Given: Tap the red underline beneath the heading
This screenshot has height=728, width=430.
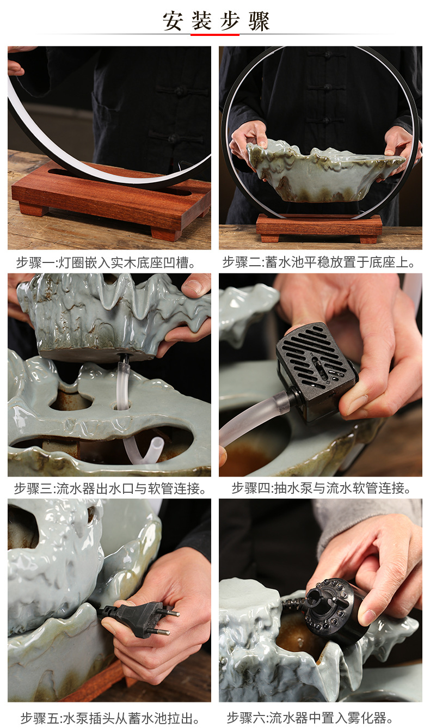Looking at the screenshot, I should pos(214,34).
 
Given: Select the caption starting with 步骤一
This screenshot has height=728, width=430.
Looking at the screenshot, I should pos(106,263).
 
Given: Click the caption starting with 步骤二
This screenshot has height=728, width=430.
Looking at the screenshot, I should pos(319,263).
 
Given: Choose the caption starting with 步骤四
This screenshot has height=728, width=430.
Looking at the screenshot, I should pos(321,488).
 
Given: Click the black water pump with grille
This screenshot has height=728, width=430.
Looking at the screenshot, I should pos(316,370).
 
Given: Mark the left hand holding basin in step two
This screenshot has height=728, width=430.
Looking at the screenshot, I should pos(248,139).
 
